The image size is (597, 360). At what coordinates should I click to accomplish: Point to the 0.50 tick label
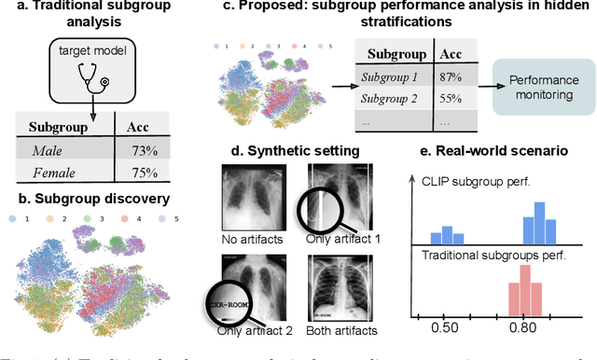[447, 327]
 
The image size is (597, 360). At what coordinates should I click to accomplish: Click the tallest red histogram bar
[525, 288]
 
